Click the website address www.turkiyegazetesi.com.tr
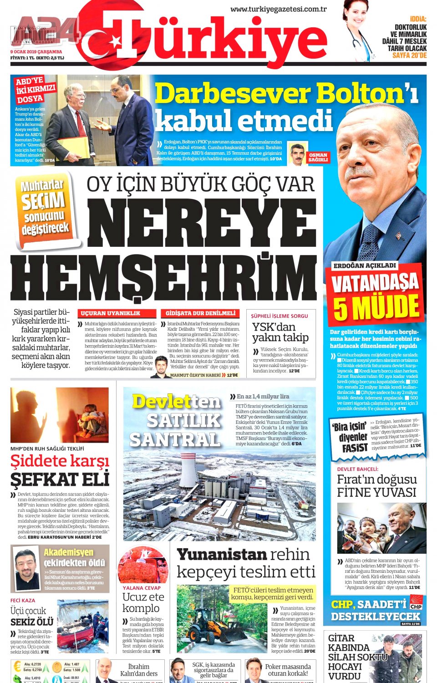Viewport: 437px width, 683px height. pyautogui.click(x=279, y=9)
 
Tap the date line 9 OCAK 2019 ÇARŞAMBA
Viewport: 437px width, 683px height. pyautogui.click(x=36, y=52)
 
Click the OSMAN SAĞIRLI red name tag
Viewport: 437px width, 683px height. pyautogui.click(x=318, y=158)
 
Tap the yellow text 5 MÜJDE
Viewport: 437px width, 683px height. pyautogui.click(x=376, y=307)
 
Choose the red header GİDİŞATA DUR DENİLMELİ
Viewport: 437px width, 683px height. pyautogui.click(x=200, y=313)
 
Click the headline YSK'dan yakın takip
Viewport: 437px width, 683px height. pyautogui.click(x=280, y=332)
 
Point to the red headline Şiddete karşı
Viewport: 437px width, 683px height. pyautogui.click(x=60, y=461)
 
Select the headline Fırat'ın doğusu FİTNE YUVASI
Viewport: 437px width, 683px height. pyautogui.click(x=376, y=485)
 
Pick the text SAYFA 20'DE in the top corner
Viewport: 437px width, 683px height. pyautogui.click(x=409, y=55)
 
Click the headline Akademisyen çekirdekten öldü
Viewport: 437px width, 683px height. pyautogui.click(x=74, y=557)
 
